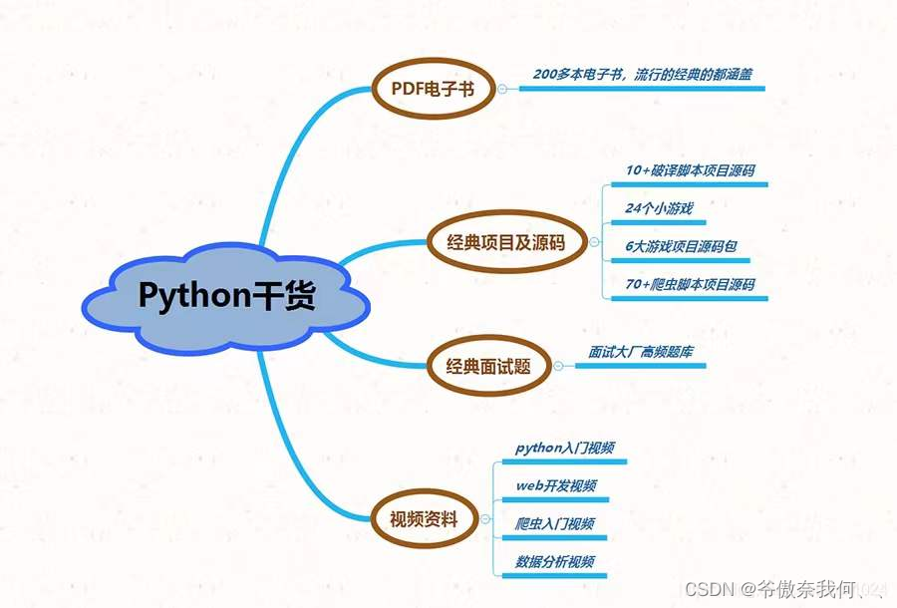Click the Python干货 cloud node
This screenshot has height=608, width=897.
coord(225,296)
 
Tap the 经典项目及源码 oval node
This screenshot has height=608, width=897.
coord(508,241)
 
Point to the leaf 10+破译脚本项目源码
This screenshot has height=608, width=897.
coord(690,170)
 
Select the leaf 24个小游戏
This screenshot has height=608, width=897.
coord(659,208)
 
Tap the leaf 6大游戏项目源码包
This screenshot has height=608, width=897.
coord(681,246)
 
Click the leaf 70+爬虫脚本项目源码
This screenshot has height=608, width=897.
coord(690,284)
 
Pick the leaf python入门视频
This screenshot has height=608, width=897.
coord(564,448)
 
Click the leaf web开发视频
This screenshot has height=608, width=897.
coord(555,485)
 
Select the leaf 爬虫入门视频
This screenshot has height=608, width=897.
coord(555,523)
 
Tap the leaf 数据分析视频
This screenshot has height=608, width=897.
coord(555,561)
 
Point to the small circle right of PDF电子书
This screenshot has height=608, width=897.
coord(502,89)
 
